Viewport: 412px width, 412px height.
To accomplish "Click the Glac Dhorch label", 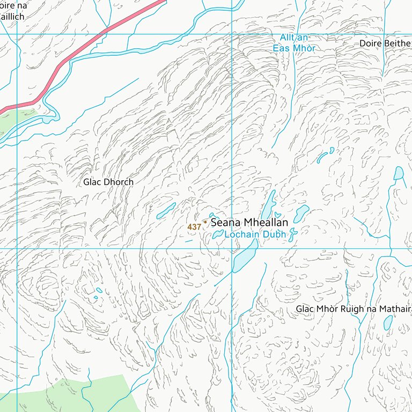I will (x=108, y=182).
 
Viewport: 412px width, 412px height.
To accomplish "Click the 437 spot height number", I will (x=194, y=227).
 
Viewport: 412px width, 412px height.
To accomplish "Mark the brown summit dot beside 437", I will (x=205, y=222).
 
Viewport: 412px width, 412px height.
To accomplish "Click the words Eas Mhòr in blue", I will (x=294, y=48).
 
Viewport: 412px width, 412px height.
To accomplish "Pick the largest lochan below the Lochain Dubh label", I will (x=245, y=256).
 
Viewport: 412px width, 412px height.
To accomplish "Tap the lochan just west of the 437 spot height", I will (x=166, y=211).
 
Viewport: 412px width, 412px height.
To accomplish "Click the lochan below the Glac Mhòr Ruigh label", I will (x=388, y=322).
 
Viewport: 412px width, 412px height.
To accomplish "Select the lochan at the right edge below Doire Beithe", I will (x=398, y=173).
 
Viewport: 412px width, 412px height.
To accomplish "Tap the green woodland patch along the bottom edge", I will (x=80, y=394).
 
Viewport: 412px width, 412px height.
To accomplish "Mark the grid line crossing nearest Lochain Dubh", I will (x=232, y=248).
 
